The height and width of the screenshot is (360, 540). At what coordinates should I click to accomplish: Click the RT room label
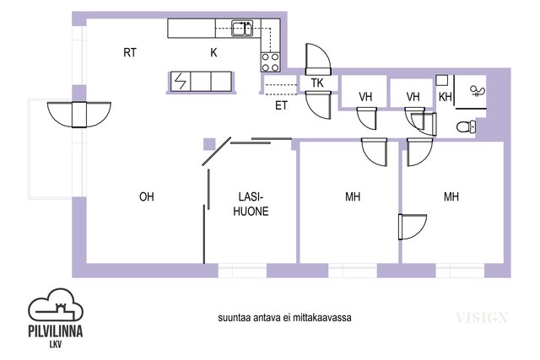coord(130,52)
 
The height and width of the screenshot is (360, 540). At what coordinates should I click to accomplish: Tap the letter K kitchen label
coord(213,52)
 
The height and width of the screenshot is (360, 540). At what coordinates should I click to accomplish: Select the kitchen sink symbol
coord(242,28)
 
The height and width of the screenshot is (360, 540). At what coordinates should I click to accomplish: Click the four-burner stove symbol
coord(270,62)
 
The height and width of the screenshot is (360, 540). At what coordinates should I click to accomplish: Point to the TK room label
coord(317,83)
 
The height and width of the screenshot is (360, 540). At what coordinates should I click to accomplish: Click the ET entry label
coord(281,105)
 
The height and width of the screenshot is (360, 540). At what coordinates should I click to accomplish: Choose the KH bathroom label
coord(445,97)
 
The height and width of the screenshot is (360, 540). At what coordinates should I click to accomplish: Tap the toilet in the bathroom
coord(466,126)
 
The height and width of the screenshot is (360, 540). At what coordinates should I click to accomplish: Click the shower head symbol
coord(478,91)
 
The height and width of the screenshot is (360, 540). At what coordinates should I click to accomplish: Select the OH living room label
coord(146,197)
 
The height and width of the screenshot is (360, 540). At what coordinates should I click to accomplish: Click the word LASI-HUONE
coord(251,204)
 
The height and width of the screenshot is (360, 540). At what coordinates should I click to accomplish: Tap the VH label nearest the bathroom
coord(413,97)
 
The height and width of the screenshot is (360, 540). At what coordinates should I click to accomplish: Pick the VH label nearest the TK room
coord(365,97)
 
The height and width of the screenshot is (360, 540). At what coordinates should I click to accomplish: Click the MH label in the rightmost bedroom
coord(451,197)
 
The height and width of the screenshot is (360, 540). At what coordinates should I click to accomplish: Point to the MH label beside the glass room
coord(353,197)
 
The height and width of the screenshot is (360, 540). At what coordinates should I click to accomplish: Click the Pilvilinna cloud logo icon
coord(56,305)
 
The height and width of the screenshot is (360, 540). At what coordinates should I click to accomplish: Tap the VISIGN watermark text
coord(482,318)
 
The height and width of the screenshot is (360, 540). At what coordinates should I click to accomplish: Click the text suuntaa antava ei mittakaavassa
coord(284,317)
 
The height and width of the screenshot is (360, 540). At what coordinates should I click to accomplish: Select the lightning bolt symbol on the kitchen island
coord(180,82)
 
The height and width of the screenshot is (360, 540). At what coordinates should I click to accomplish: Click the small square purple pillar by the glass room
coord(209,144)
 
